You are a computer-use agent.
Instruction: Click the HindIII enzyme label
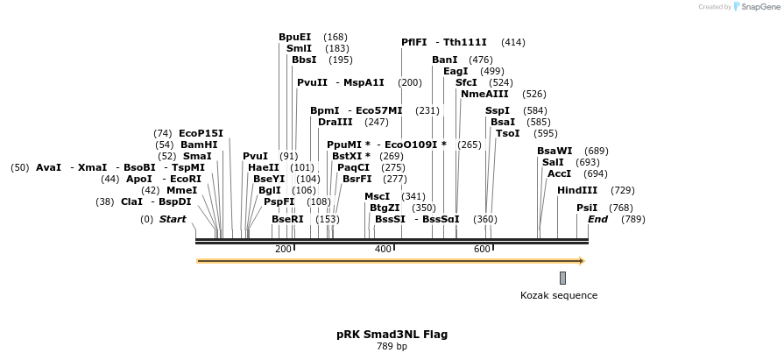577,190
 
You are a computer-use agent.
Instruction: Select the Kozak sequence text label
559,295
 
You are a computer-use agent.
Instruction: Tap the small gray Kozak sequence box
562,278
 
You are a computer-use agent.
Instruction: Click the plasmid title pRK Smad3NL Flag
392,334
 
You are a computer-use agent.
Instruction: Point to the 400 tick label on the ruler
383,250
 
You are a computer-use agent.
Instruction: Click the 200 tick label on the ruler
283,250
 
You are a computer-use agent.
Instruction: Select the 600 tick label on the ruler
482,250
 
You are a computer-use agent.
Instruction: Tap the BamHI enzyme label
199,145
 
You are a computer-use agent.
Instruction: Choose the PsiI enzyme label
587,208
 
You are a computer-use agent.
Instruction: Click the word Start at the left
173,219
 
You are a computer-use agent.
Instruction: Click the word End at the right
597,219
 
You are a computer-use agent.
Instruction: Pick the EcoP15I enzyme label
201,133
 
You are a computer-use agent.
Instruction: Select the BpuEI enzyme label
294,37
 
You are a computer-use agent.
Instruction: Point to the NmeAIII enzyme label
484,94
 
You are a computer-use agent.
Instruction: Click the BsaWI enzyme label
554,151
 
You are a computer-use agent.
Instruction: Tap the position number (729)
623,190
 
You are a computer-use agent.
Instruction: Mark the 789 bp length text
392,346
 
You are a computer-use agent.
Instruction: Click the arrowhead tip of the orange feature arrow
583,260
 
